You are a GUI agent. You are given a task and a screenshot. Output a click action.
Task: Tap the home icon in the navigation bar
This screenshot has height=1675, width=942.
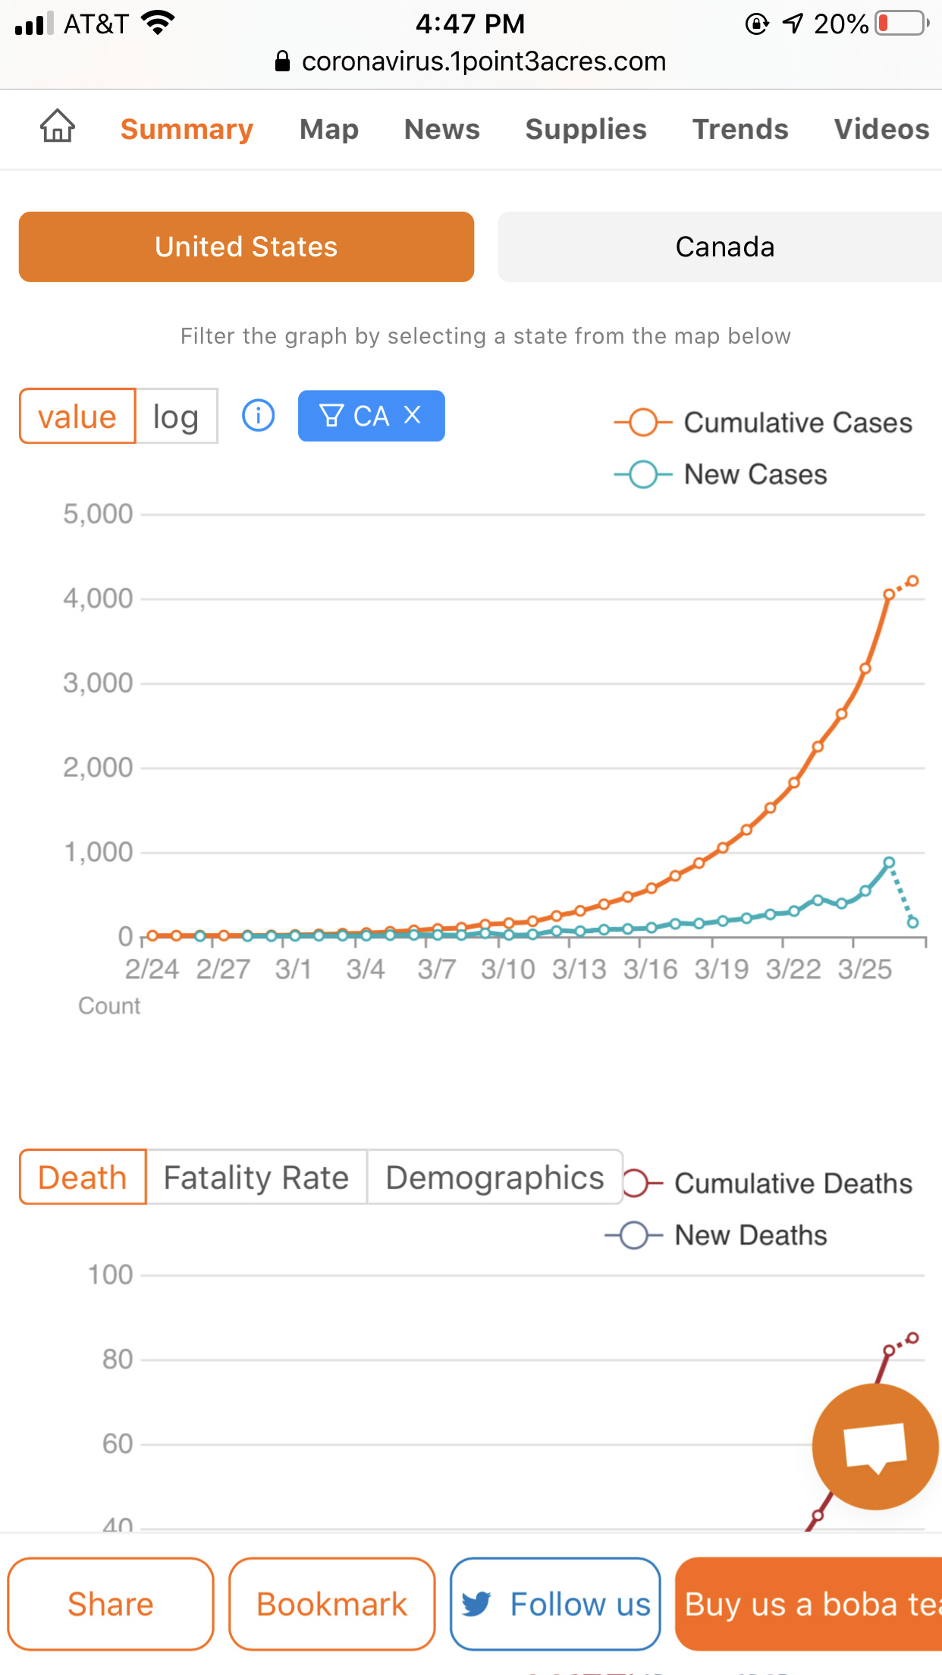pyautogui.click(x=58, y=126)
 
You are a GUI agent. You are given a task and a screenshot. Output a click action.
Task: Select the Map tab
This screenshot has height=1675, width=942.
pyautogui.click(x=328, y=129)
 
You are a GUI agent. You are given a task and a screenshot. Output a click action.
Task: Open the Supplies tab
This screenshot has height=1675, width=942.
pyautogui.click(x=586, y=129)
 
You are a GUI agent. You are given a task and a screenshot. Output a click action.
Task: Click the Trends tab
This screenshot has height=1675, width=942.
pyautogui.click(x=740, y=129)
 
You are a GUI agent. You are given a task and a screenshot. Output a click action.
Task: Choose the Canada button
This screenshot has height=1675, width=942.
pyautogui.click(x=724, y=247)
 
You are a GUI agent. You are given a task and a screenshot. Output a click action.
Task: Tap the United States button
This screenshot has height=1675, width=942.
pyautogui.click(x=246, y=247)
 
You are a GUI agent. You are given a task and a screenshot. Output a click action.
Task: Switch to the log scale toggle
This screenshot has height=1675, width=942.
pyautogui.click(x=176, y=416)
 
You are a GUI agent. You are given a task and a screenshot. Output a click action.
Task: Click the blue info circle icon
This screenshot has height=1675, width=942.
pyautogui.click(x=258, y=416)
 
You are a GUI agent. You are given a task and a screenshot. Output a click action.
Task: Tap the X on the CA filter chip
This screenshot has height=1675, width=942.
pyautogui.click(x=412, y=415)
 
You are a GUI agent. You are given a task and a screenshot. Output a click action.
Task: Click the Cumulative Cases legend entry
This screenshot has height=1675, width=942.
pyautogui.click(x=763, y=423)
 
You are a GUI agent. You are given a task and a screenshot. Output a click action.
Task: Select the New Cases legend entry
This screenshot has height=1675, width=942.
pyautogui.click(x=721, y=475)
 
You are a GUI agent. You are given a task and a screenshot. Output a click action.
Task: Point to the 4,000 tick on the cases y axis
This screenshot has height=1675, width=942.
pyautogui.click(x=99, y=599)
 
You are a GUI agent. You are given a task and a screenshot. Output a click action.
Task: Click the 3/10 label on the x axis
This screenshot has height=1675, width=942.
pyautogui.click(x=507, y=969)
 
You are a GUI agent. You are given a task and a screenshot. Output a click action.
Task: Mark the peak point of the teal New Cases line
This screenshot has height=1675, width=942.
pyautogui.click(x=889, y=863)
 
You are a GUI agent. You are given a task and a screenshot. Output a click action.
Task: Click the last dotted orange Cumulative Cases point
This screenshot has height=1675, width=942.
pyautogui.click(x=913, y=581)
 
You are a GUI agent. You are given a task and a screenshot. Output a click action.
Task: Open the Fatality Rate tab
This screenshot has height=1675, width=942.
pyautogui.click(x=256, y=1178)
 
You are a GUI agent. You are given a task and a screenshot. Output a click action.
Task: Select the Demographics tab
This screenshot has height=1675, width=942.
pyautogui.click(x=495, y=1178)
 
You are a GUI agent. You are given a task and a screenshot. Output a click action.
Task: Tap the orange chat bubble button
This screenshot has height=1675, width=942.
pyautogui.click(x=875, y=1447)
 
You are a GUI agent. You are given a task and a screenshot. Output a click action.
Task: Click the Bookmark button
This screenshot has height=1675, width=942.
pyautogui.click(x=332, y=1604)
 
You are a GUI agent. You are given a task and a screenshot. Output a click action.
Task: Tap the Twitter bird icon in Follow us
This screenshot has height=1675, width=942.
pyautogui.click(x=476, y=1604)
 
